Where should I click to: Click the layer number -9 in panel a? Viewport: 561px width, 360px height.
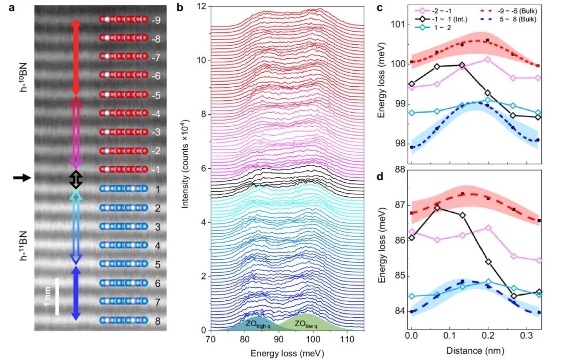point(156,20)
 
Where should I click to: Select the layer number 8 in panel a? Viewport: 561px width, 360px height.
point(156,321)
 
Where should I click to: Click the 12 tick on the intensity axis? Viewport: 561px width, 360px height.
point(203,6)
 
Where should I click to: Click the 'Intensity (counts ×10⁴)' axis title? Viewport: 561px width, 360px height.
point(185,167)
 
